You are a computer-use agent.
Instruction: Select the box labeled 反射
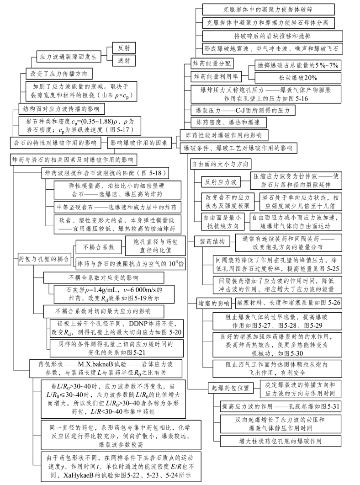(124, 48)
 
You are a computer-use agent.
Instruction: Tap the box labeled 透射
(124, 61)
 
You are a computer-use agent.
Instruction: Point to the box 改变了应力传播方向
(59, 73)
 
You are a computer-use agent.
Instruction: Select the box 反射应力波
(221, 182)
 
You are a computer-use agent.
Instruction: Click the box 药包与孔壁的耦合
(43, 258)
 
